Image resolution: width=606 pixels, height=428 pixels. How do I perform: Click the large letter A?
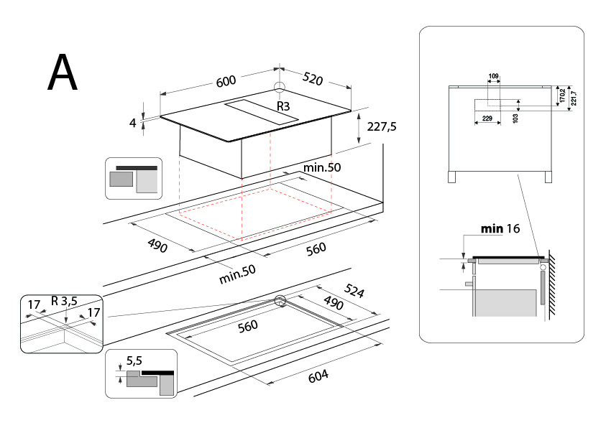pos(63,72)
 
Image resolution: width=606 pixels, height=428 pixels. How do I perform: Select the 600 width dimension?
pos(226,80)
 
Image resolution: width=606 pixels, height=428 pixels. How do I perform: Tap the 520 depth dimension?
pos(312,78)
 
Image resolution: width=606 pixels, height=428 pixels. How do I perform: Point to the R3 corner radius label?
pos(283,106)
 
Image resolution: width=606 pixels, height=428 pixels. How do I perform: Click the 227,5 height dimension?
pos(382,126)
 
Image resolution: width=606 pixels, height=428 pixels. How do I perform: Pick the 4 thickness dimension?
pos(133,123)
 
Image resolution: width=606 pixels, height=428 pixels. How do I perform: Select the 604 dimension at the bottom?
pos(318,376)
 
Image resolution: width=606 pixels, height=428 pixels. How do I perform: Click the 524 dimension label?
pos(354,291)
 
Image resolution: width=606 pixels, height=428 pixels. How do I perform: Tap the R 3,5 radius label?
pos(64,301)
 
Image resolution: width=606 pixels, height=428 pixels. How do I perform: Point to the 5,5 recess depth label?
pos(134,360)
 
